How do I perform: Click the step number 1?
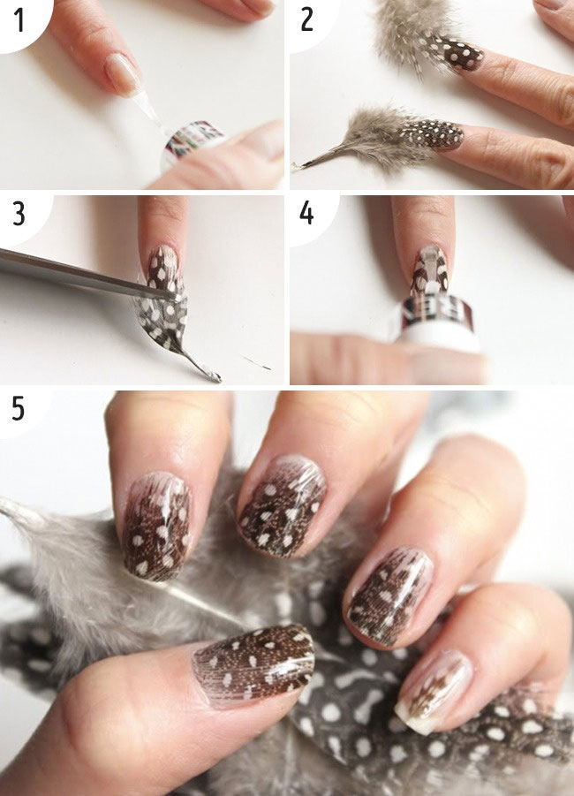pyautogui.click(x=19, y=20)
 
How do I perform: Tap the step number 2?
pyautogui.click(x=306, y=20)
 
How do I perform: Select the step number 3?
pyautogui.click(x=19, y=214)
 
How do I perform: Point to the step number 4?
pyautogui.click(x=306, y=213)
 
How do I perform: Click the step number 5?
pyautogui.click(x=19, y=409)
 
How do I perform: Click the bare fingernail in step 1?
pyautogui.click(x=123, y=73)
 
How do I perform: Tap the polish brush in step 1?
pyautogui.click(x=147, y=110)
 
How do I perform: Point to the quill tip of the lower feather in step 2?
pyautogui.click(x=296, y=165)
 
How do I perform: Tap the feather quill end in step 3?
pyautogui.click(x=212, y=375)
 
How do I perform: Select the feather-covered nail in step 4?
pyautogui.click(x=430, y=269)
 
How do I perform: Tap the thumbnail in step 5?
pyautogui.click(x=253, y=663)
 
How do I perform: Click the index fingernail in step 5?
pyautogui.click(x=158, y=526)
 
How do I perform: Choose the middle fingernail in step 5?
pyautogui.click(x=283, y=505)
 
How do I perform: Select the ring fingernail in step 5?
pyautogui.click(x=389, y=596)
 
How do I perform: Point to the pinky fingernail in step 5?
pyautogui.click(x=433, y=693)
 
